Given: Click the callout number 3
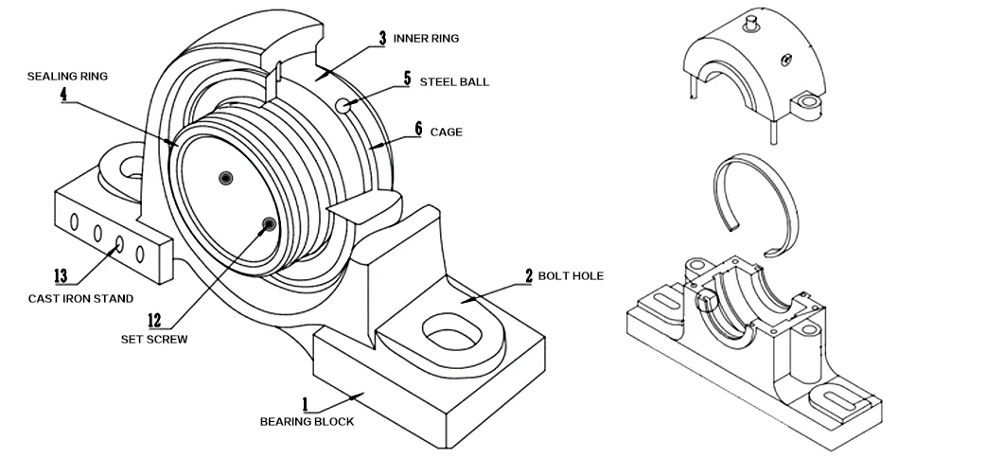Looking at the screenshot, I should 381,38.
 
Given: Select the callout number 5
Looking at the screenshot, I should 407,79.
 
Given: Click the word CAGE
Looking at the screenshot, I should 447,132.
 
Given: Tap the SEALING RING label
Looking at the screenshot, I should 68,77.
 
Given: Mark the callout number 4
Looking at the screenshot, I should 62,96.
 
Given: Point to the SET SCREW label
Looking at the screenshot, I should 153,339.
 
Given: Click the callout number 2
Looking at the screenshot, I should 529,277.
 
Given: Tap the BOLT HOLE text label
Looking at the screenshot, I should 571,276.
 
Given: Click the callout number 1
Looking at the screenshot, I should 306,404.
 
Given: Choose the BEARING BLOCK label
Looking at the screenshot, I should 307,422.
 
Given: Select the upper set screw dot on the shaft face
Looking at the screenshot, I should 225,177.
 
